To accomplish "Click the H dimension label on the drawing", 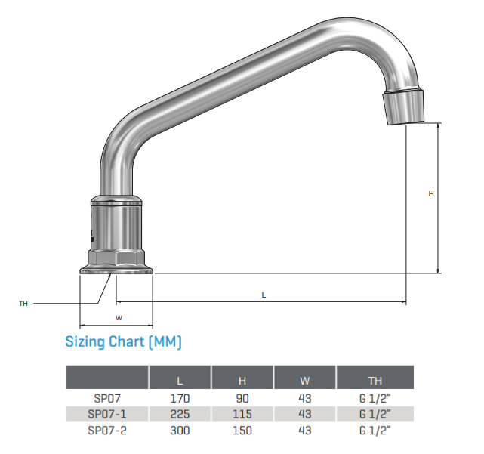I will pyautogui.click(x=431, y=194).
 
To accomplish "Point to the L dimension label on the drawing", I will pyautogui.click(x=264, y=294).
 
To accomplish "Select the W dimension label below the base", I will pyautogui.click(x=118, y=317).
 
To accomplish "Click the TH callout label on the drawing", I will pyautogui.click(x=23, y=304).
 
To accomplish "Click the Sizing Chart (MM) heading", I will pyautogui.click(x=123, y=342).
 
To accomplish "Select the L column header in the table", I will pyautogui.click(x=180, y=378).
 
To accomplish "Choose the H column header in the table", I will pyautogui.click(x=242, y=378).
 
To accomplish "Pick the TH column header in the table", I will pyautogui.click(x=375, y=378).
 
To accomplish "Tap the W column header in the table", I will pyautogui.click(x=305, y=378).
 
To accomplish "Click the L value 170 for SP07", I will pyautogui.click(x=180, y=398).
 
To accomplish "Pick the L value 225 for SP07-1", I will pyautogui.click(x=180, y=413).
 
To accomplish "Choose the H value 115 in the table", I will pyautogui.click(x=242, y=413).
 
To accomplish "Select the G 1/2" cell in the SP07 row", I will pyautogui.click(x=375, y=398).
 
